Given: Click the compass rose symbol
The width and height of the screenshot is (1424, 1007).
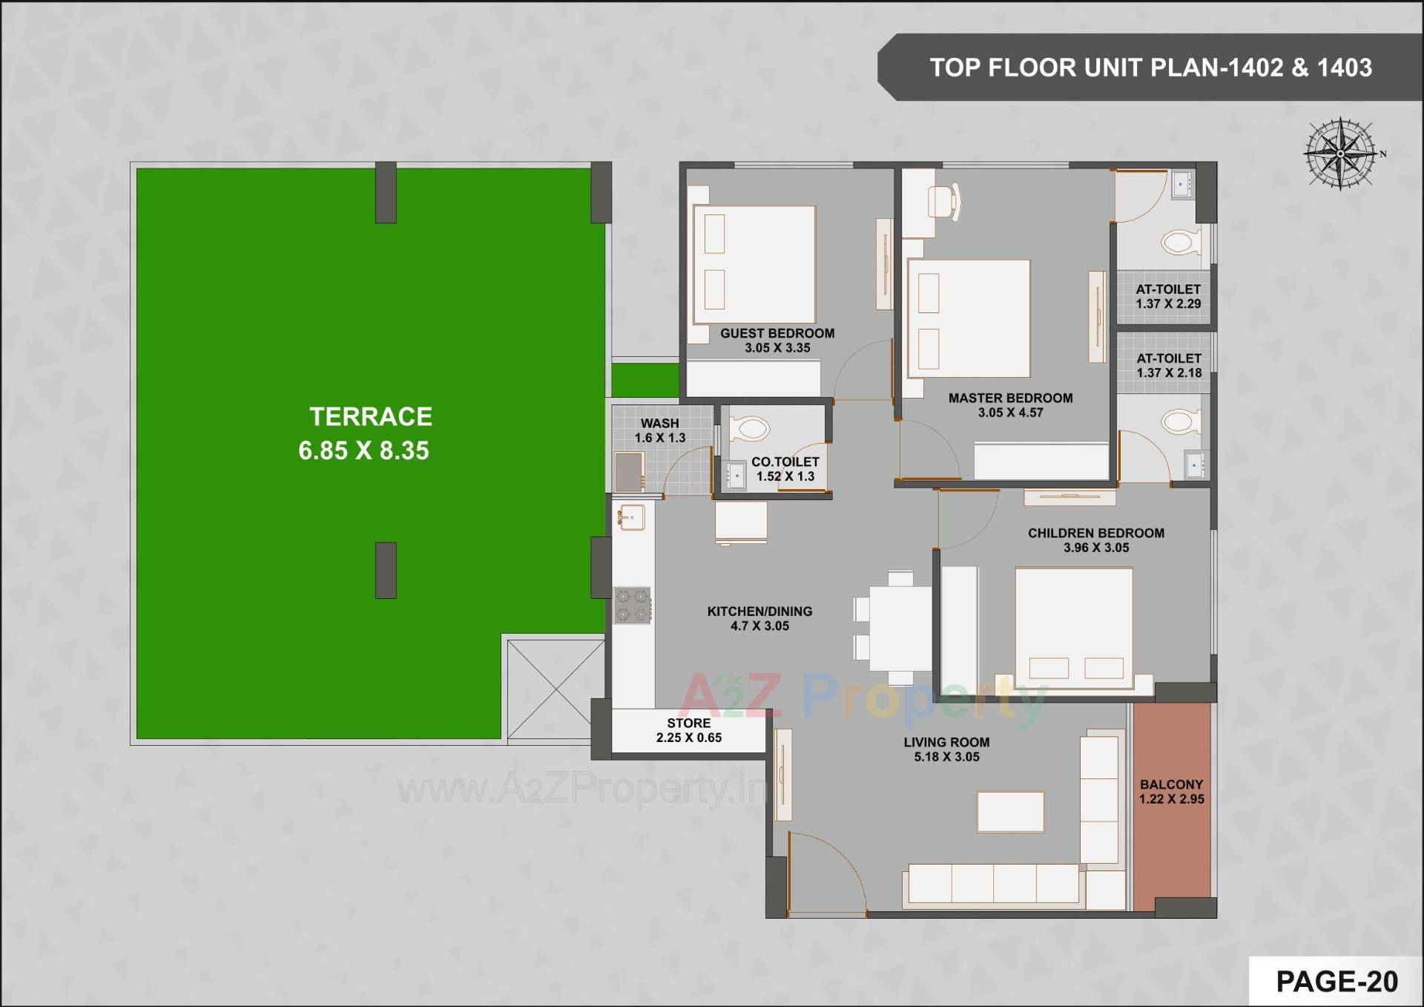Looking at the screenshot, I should [1340, 154].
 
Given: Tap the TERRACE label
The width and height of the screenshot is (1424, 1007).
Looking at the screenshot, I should [371, 417].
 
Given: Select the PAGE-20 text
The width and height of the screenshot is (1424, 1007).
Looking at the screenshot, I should [1336, 982].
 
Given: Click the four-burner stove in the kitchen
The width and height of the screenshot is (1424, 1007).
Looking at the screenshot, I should [633, 605].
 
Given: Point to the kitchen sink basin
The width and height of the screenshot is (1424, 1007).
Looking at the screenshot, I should [632, 517].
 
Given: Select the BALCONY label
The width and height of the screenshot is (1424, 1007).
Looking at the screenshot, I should [1172, 784].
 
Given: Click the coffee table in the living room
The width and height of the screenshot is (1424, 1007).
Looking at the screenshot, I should [1010, 811].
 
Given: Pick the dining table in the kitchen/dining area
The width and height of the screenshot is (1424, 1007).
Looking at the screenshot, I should [900, 628].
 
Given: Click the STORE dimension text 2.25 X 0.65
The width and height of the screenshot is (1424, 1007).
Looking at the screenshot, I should [688, 738].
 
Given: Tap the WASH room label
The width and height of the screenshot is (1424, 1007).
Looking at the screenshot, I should [659, 423].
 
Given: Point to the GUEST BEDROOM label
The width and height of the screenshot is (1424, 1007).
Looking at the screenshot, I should [777, 333].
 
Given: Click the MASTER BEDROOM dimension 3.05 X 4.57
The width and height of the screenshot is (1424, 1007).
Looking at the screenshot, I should [1010, 413].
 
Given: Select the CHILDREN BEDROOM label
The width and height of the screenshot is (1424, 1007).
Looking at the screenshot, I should [1095, 533].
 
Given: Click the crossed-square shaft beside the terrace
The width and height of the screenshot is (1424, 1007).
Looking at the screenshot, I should [556, 689].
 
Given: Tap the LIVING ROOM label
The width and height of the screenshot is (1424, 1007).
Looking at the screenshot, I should [946, 742].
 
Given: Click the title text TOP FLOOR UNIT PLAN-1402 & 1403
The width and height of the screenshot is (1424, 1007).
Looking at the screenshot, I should [1150, 68].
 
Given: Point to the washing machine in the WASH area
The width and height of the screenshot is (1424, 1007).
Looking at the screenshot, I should [629, 471].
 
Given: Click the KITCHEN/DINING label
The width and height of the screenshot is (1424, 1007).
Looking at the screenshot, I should [759, 611].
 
